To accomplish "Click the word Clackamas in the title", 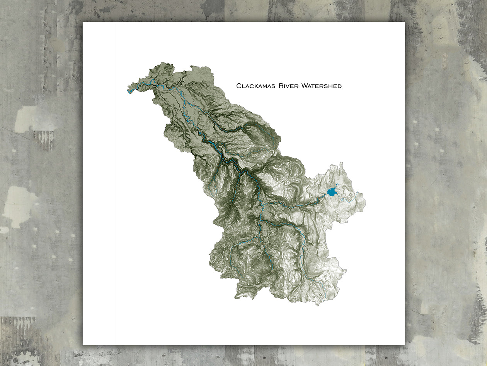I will pyautogui.click(x=255, y=86).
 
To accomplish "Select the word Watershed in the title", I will pyautogui.click(x=322, y=86).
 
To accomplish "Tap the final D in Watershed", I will pyautogui.click(x=340, y=86).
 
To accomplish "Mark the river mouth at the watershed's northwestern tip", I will pyautogui.click(x=128, y=91).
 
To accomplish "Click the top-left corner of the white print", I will pyautogui.click(x=83, y=22).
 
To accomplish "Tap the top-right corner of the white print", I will pyautogui.click(x=404, y=22).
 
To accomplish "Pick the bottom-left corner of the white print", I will pyautogui.click(x=83, y=344).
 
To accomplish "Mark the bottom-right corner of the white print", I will pyautogui.click(x=404, y=344).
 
